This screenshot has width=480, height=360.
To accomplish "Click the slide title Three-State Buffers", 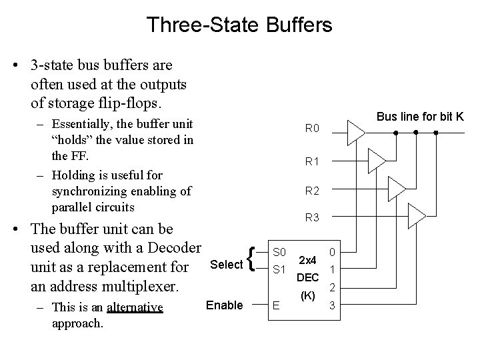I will [239, 25].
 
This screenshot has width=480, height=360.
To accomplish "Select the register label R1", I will [313, 161].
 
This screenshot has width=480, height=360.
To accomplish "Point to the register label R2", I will [313, 191].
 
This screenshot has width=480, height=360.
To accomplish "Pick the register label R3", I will [313, 217].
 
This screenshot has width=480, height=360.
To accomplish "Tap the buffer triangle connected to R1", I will [376, 160].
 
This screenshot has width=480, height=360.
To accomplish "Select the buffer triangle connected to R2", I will [396, 189].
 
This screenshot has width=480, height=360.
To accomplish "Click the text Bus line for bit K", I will [420, 117].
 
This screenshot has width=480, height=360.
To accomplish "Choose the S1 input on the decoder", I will [280, 270].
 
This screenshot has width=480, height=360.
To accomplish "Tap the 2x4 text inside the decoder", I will [308, 260].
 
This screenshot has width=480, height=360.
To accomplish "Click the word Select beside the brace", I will [226, 265].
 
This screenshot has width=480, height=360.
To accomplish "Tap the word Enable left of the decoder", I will [225, 305].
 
